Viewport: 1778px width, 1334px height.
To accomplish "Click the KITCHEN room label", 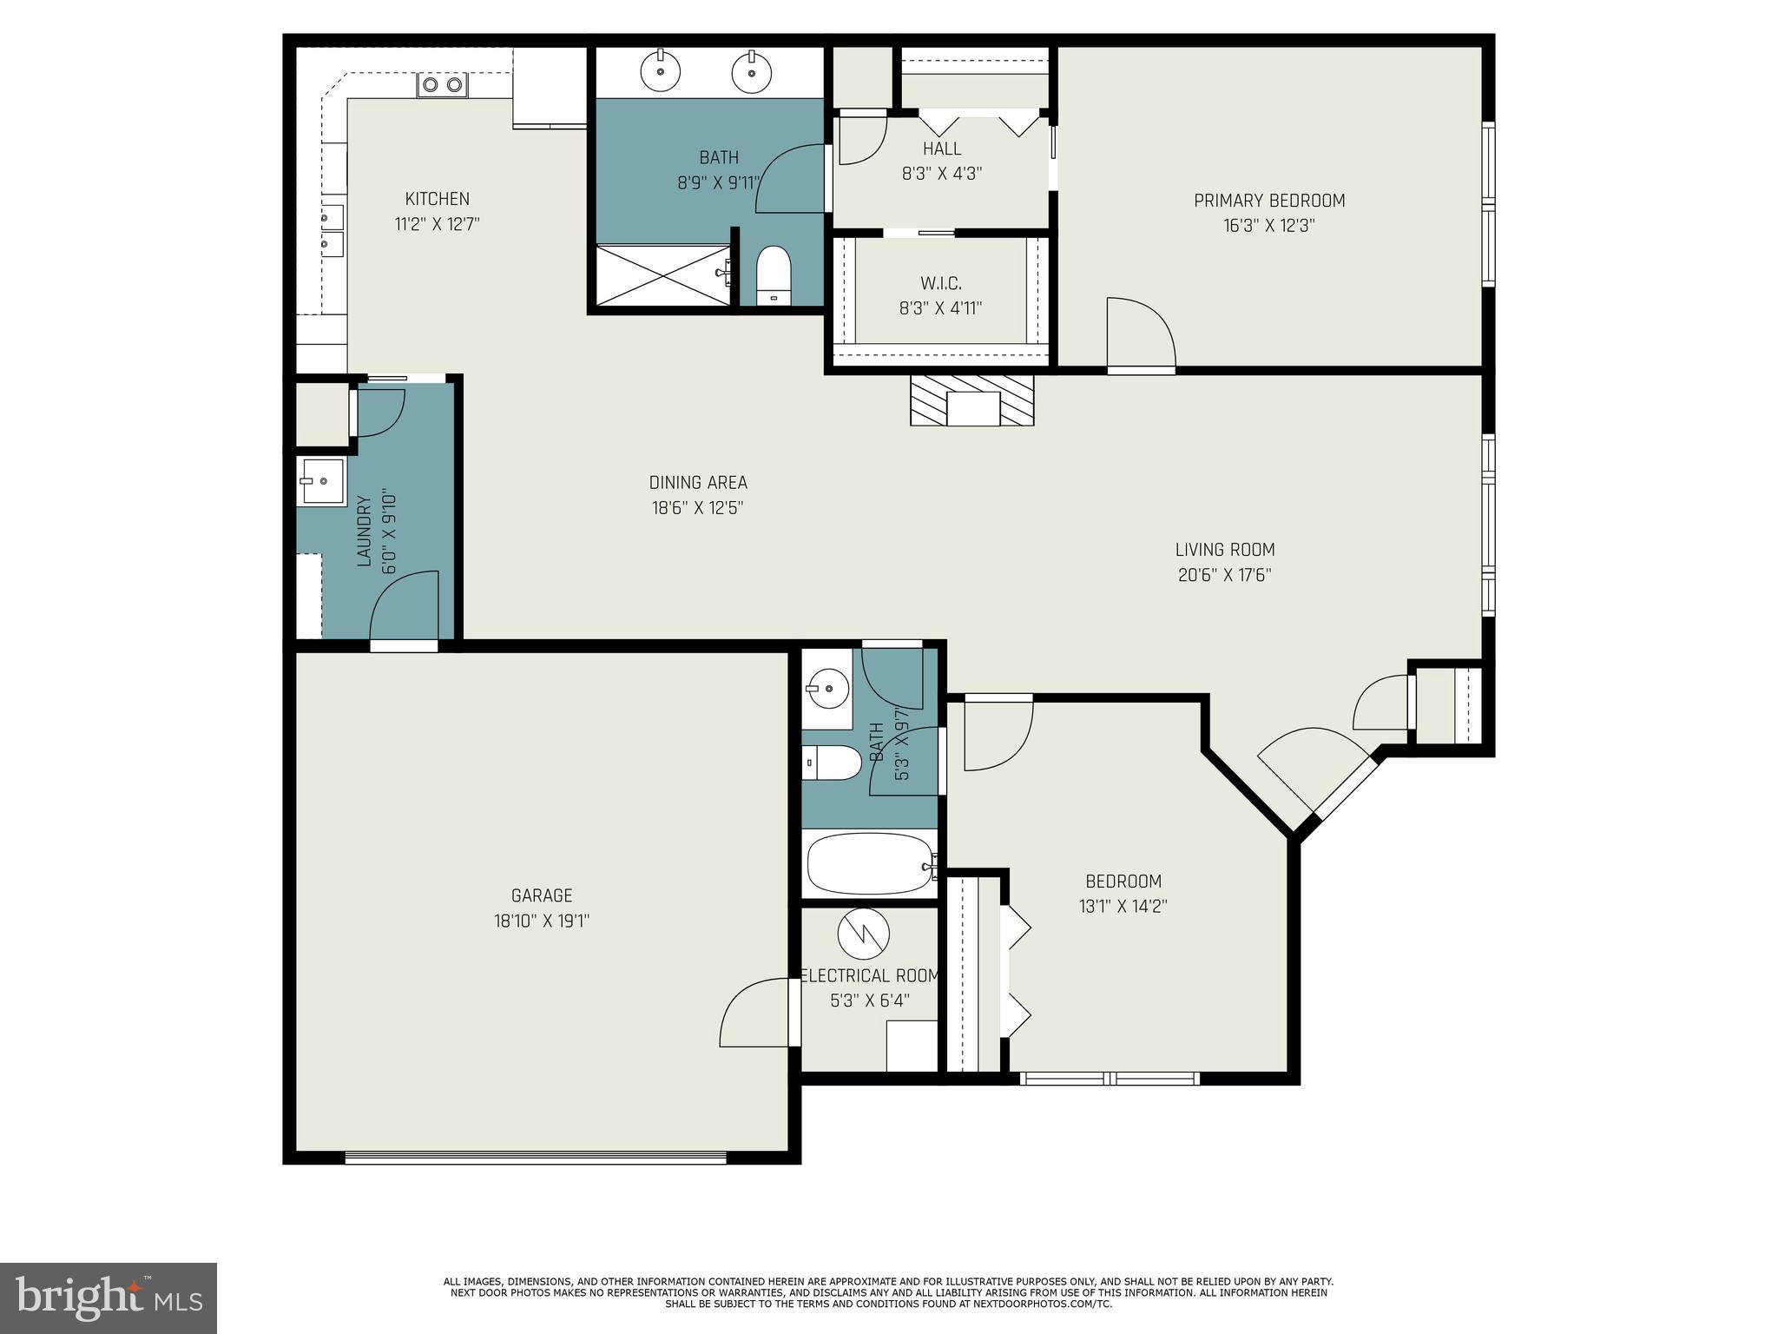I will pos(437,199).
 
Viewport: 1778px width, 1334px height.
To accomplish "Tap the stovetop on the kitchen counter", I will pos(442,84).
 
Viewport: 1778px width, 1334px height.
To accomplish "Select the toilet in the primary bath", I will pos(774,275).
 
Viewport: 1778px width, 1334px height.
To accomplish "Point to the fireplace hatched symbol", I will pos(971,400).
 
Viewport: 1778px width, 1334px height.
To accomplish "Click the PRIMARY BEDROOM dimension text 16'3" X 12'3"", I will pos(1269,226).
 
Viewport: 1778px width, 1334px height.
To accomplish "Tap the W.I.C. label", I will pos(941,283).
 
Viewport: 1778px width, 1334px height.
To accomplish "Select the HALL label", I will pos(941,149).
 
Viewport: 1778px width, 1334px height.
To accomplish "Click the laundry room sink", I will pos(321,481).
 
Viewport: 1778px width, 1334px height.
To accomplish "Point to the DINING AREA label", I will pos(698,483).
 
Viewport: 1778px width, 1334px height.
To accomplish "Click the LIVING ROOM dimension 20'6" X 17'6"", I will pos(1224,575).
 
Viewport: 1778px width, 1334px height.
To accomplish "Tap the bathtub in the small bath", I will pos(870,864).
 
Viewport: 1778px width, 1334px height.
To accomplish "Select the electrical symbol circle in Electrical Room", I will pos(864,934).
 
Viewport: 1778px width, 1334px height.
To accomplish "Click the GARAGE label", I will pos(542,895).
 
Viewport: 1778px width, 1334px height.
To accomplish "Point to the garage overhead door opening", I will pos(535,1158).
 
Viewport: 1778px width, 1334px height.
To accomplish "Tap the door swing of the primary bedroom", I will pos(1141,334).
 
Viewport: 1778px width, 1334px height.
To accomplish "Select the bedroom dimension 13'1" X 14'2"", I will pos(1123,907).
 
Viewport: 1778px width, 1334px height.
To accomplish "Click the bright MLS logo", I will pos(108,1298).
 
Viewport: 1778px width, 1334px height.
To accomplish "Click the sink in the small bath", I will pos(826,689).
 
